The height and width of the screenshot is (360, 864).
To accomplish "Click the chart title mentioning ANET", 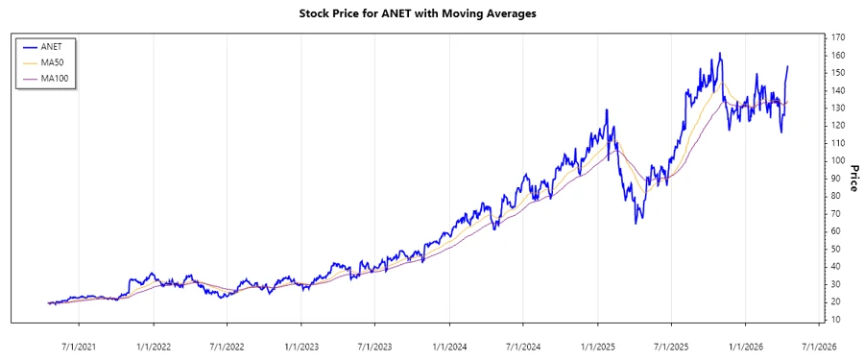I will coord(431,14).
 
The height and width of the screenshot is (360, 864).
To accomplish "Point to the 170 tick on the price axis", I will coord(839,37).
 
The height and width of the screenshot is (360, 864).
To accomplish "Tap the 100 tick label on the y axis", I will coord(839,160).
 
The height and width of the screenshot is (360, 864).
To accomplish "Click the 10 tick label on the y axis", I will coord(837,319).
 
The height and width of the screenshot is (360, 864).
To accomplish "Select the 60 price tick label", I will coord(837,231).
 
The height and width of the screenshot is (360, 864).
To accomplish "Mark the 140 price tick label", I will coord(839,90).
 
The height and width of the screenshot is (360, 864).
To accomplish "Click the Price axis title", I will coord(852,178).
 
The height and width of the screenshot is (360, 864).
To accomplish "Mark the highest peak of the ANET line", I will coord(720,54).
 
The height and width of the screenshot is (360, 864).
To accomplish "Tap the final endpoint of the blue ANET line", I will coord(788,66).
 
